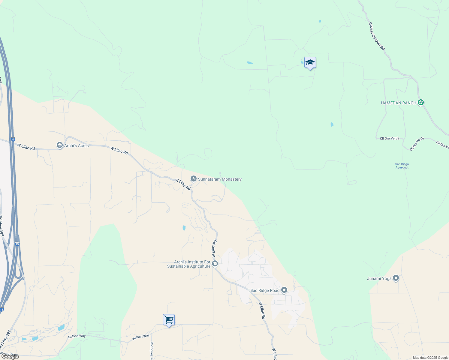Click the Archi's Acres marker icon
coord(60,145)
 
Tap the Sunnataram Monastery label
coord(220,179)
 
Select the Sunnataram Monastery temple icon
coord(194,179)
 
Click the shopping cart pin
coord(169,320)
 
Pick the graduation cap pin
coord(310,63)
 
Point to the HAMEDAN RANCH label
coord(399,103)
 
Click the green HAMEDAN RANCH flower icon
coord(421,103)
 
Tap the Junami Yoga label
coord(379,278)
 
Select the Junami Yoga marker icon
coord(396,278)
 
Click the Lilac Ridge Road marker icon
coord(284,290)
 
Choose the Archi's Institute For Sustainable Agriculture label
coord(189,264)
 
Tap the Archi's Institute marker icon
coord(215,264)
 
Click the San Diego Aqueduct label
coord(402,166)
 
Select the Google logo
coord(10,356)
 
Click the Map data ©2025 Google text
coord(430,358)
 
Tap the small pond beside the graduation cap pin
coord(302,63)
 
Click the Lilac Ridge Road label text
coord(264,290)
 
